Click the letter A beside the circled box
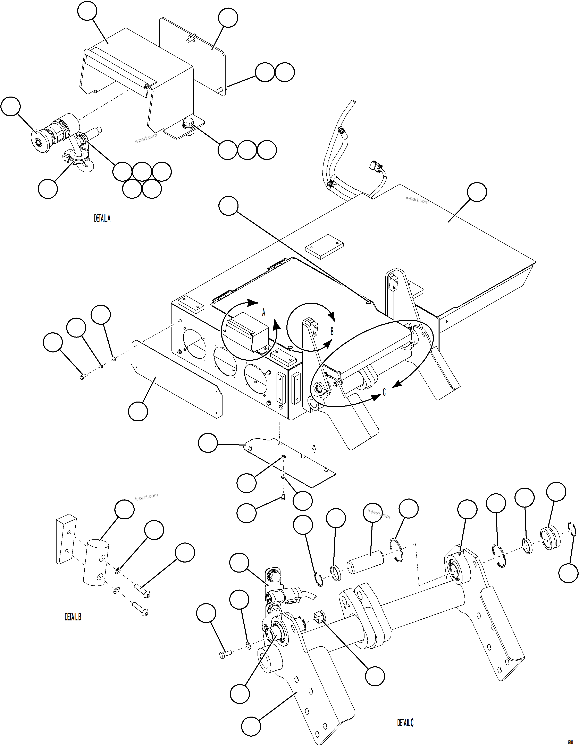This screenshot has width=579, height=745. pyautogui.click(x=263, y=312)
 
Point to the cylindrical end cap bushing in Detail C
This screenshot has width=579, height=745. pyautogui.click(x=551, y=539)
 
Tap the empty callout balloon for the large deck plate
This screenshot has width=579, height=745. pyautogui.click(x=477, y=192)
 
